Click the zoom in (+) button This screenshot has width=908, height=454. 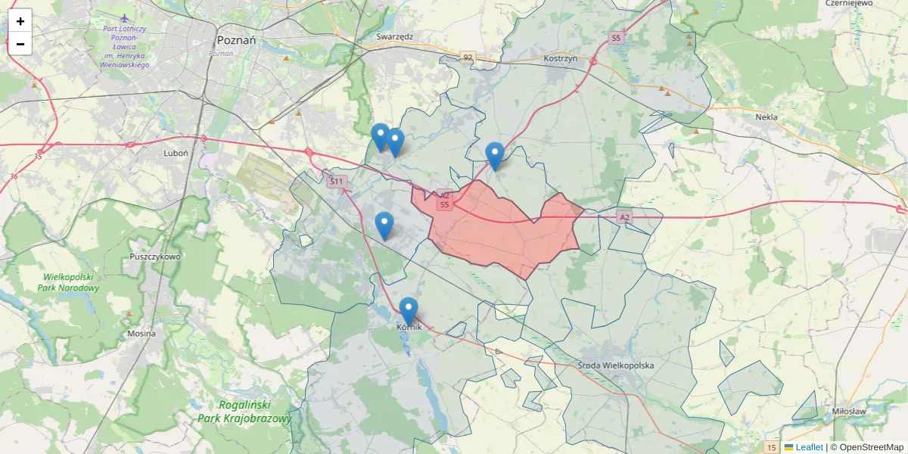pyautogui.click(x=20, y=21)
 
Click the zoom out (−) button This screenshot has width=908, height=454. pyautogui.click(x=20, y=44)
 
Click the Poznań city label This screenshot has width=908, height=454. pyautogui.click(x=236, y=40)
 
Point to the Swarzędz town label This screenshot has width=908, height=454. pyautogui.click(x=394, y=36)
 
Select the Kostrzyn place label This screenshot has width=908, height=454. pyautogui.click(x=561, y=58)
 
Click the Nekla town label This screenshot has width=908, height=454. pyautogui.click(x=767, y=117)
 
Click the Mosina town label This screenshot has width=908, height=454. pyautogui.click(x=141, y=333)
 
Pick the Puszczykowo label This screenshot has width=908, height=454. pyautogui.click(x=155, y=257)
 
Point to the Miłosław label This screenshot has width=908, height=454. pyautogui.click(x=848, y=411)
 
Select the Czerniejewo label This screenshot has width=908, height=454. pyautogui.click(x=850, y=3)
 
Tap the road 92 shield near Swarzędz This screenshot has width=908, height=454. pyautogui.click(x=468, y=57)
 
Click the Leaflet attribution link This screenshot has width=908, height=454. pyautogui.click(x=808, y=447)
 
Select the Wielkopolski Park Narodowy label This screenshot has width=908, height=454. pyautogui.click(x=71, y=282)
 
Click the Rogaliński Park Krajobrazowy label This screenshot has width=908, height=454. pyautogui.click(x=244, y=412)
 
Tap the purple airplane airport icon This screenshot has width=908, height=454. pyautogui.click(x=125, y=17)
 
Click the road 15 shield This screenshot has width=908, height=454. pyautogui.click(x=771, y=447)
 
